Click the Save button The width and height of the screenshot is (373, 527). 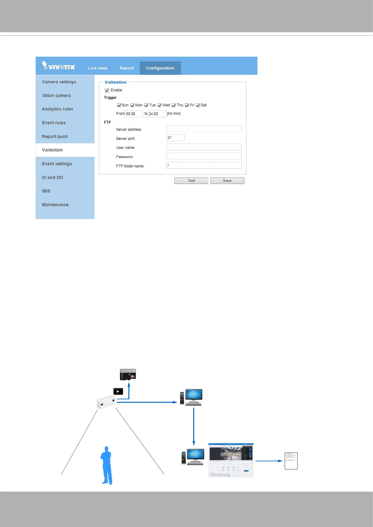point(227,181)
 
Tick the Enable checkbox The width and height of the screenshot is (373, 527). point(107,90)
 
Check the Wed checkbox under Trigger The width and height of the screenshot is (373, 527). point(159,105)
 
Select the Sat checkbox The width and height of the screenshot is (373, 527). point(198,105)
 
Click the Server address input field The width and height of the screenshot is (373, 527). point(204,129)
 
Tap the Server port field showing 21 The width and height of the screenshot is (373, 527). point(175,138)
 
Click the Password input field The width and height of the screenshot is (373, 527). point(204,156)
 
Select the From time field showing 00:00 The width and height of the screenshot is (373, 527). point(134,114)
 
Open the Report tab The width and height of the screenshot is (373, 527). point(127,68)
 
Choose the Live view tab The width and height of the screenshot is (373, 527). point(97,68)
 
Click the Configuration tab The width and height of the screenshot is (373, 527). point(160,68)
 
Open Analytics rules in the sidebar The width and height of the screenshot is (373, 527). point(58,109)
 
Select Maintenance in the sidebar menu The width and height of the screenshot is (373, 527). point(55,205)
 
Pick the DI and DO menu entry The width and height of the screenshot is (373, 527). point(52,177)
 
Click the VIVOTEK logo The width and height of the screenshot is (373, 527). point(59,66)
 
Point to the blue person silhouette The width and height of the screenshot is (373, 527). point(107,465)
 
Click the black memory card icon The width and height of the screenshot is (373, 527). point(128,375)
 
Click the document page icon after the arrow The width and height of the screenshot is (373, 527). point(291,461)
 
